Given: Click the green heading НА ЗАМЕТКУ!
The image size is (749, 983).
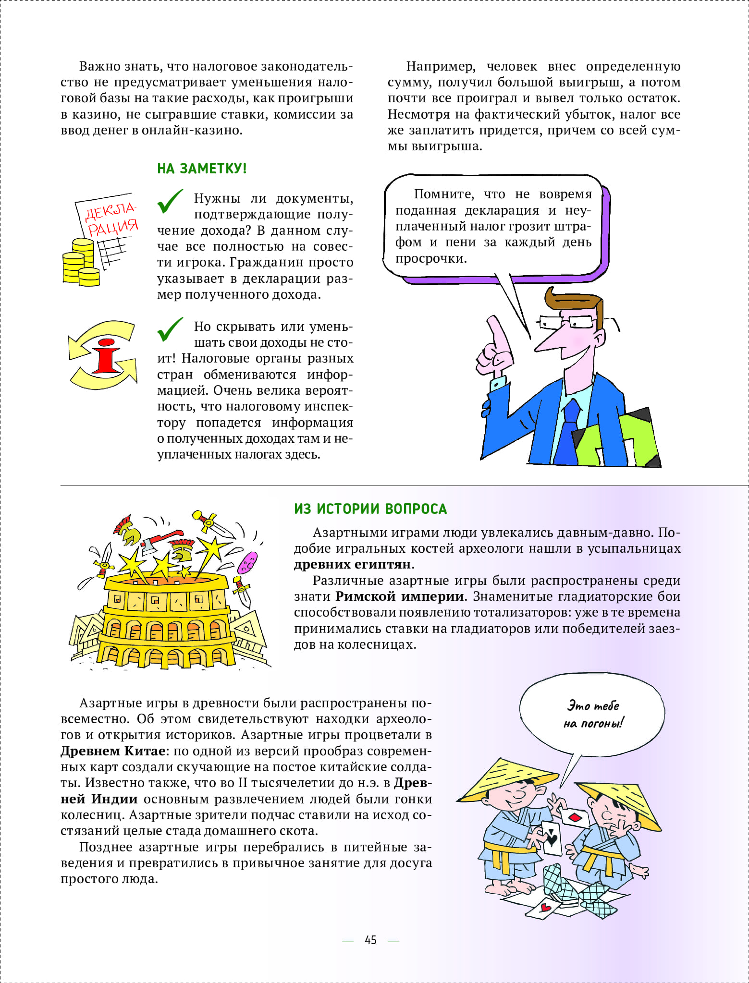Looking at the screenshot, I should (202, 169).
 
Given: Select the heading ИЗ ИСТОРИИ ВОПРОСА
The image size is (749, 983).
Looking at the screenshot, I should (370, 509).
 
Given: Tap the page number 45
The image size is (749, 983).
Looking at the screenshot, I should (370, 940).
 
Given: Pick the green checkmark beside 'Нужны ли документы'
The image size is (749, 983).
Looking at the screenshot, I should (170, 201).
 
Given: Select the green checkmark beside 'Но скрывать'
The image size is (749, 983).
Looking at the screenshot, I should (170, 329).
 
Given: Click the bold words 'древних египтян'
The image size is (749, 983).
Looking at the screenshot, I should (353, 564).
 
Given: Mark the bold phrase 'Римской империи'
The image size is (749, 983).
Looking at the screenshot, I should (400, 596).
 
